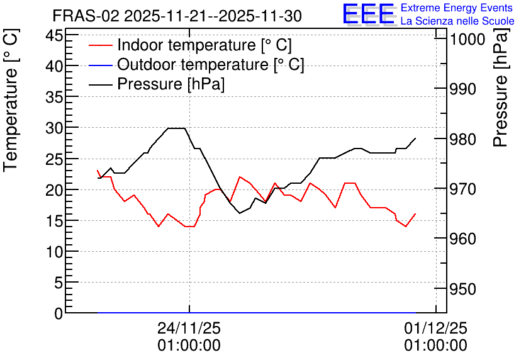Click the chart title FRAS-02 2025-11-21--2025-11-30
coord(177,16)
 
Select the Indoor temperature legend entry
coord(190,45)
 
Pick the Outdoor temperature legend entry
coord(196,64)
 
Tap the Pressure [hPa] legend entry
coord(157,84)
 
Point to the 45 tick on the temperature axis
coord(54,35)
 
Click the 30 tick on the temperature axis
coord(54,128)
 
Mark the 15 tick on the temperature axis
coord(54,221)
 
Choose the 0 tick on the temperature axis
coord(59,313)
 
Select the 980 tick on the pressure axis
coord(463,139)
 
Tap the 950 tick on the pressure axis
coord(463,289)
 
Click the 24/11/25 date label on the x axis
coord(189,328)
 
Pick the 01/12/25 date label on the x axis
coord(435,328)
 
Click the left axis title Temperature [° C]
coord(11,101)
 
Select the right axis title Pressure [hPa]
coord(500,87)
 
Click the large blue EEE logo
coord(369,14)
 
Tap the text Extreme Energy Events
coord(457,8)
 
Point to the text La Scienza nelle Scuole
coord(457,21)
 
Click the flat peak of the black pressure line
coord(176,128)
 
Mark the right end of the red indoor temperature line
coord(416,214)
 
